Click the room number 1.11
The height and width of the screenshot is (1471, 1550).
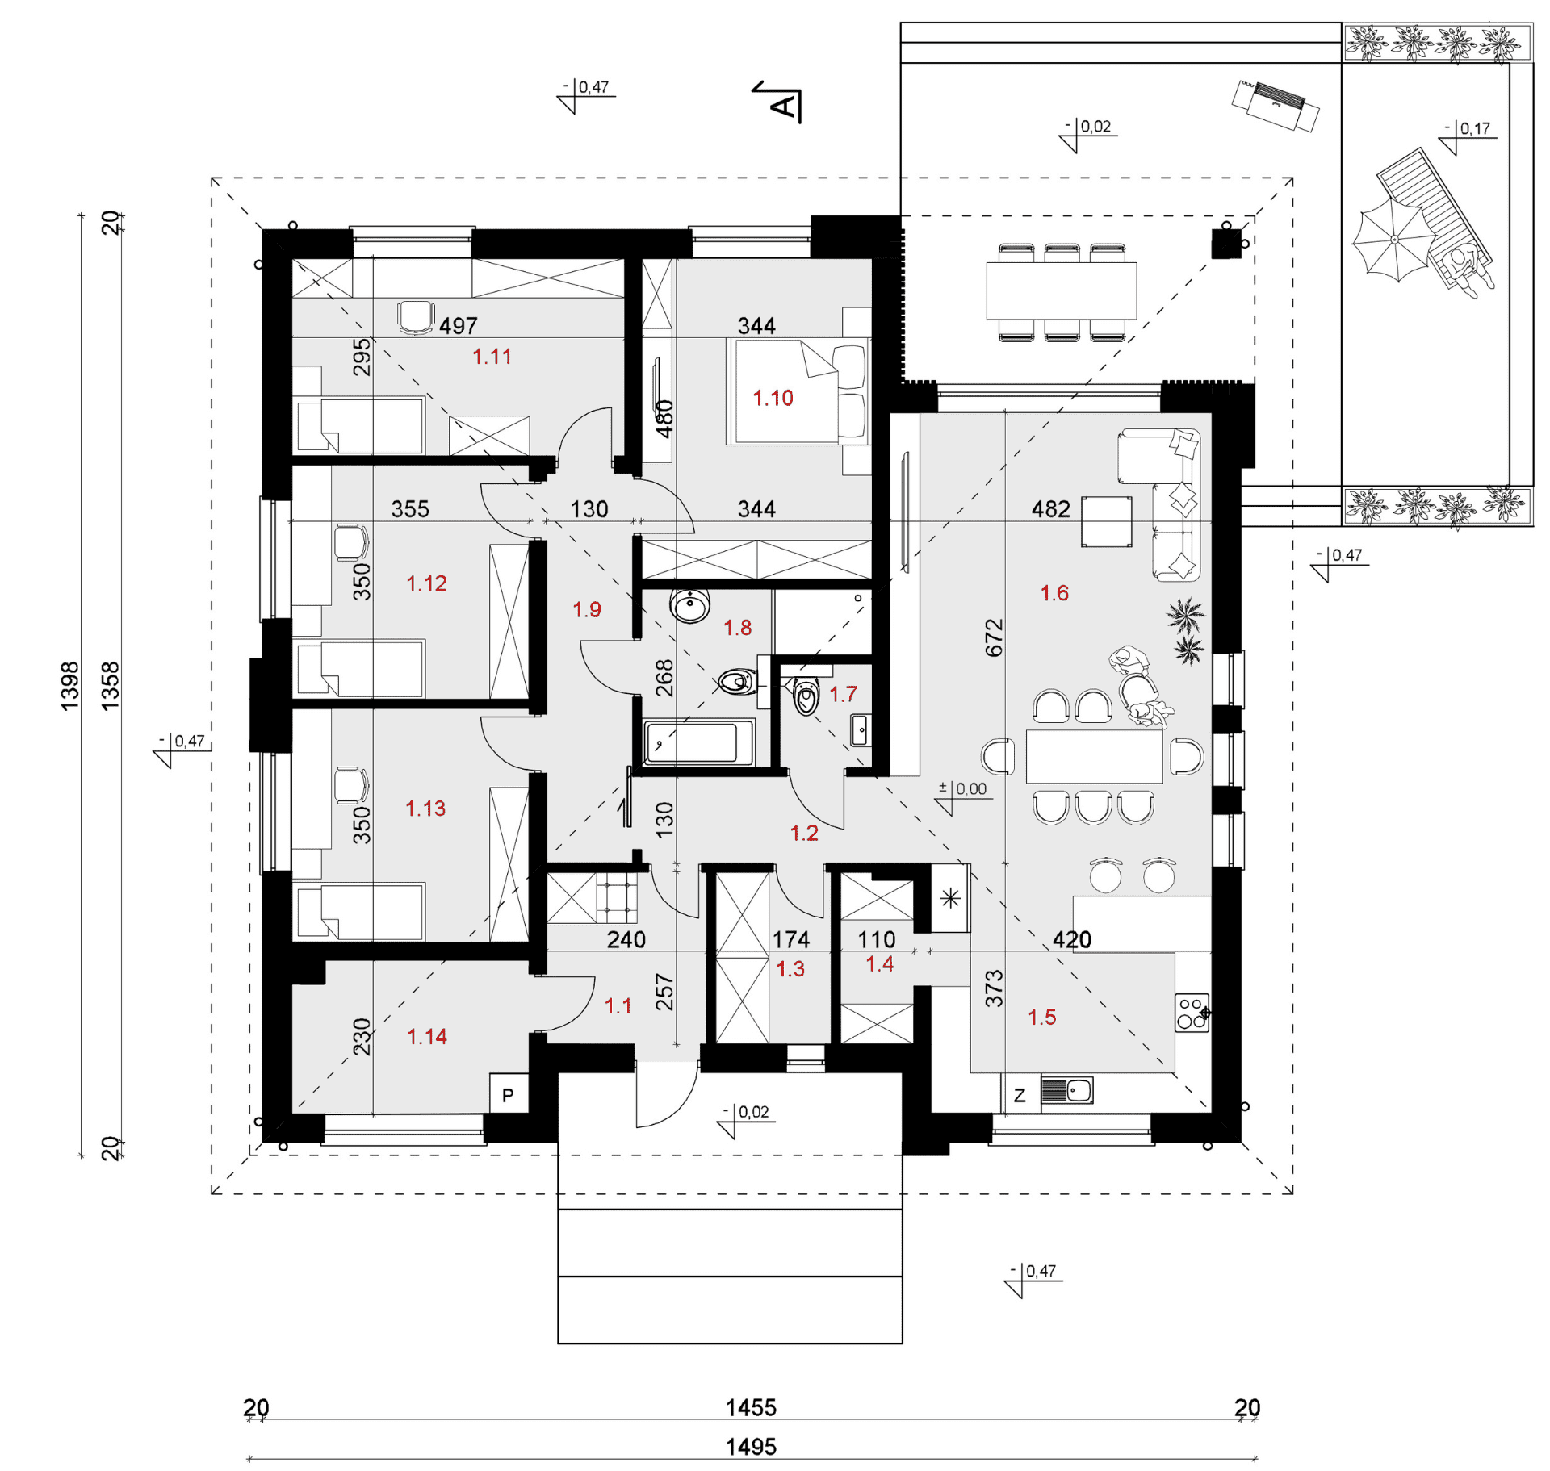492,356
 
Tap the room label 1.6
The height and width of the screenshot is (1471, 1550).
1054,593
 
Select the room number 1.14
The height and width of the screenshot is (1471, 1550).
426,1036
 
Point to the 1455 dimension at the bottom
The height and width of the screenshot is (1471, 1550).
751,1407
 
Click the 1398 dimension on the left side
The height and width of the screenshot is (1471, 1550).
70,686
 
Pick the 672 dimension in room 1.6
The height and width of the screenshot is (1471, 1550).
994,637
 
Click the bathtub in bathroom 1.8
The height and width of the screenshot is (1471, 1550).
699,742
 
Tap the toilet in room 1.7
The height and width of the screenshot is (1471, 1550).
806,696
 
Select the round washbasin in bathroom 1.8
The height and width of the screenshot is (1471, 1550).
690,605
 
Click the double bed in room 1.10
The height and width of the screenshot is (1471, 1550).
798,391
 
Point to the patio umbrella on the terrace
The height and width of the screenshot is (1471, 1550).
1394,240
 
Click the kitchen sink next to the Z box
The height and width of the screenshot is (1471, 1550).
1067,1091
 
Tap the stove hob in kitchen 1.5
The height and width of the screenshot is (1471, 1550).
1192,1012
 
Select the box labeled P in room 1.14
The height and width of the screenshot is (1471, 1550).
509,1094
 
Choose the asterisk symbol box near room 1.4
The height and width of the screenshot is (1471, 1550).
950,898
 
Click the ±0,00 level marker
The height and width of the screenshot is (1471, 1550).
964,796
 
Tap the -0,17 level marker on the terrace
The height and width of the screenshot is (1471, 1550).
1468,136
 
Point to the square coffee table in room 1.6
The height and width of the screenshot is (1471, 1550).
1107,521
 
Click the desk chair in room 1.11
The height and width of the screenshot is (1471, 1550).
416,316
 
